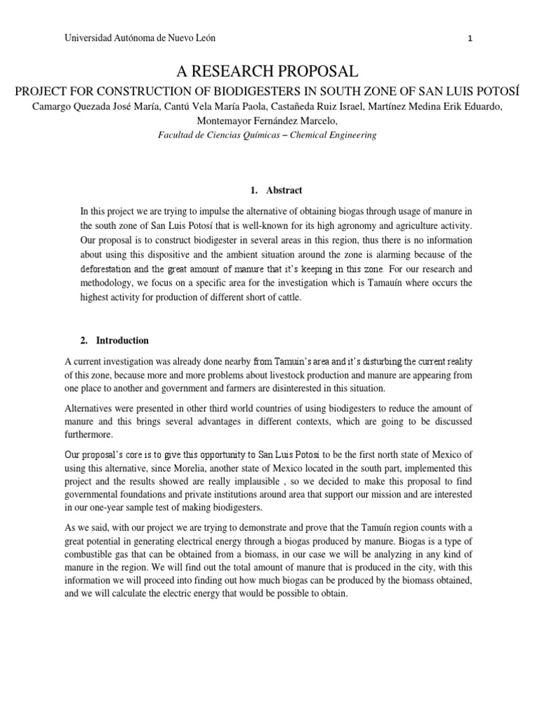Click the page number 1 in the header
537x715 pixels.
[x=471, y=39]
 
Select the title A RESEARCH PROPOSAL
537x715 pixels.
[x=268, y=71]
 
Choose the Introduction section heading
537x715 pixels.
[x=122, y=341]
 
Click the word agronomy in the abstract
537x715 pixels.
[x=334, y=226]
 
